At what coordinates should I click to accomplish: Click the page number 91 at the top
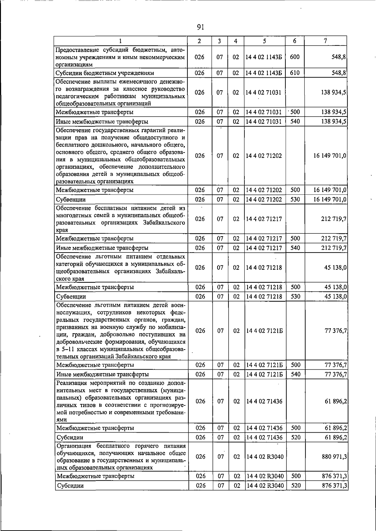(x=201, y=27)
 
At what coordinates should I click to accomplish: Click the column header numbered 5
(x=264, y=41)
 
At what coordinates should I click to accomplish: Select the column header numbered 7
(x=326, y=41)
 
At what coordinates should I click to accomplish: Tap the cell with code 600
(x=295, y=57)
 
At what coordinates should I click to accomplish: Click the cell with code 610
(x=295, y=73)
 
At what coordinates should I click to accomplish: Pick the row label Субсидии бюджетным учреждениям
(x=105, y=73)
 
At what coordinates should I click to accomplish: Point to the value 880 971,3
(x=334, y=457)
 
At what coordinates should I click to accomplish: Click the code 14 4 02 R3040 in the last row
(x=265, y=486)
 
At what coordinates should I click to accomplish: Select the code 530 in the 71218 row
(x=295, y=296)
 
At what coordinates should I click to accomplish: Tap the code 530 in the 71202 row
(x=295, y=199)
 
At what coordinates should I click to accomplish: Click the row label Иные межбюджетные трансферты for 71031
(x=102, y=122)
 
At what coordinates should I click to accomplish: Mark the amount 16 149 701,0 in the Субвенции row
(x=330, y=199)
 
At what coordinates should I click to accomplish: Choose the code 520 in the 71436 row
(x=295, y=437)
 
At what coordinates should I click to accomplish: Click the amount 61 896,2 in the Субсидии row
(x=336, y=437)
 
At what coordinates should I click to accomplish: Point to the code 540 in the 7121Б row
(x=295, y=374)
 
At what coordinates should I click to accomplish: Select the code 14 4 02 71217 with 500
(x=264, y=238)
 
